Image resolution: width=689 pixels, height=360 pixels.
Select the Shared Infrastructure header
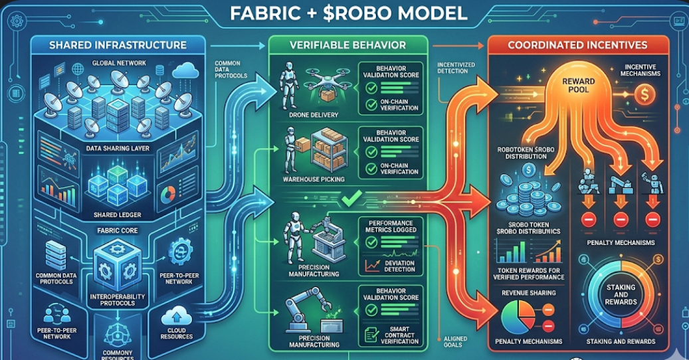(x=118, y=45)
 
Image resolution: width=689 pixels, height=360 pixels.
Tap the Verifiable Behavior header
(x=349, y=45)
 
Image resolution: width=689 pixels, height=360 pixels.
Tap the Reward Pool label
(x=578, y=85)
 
